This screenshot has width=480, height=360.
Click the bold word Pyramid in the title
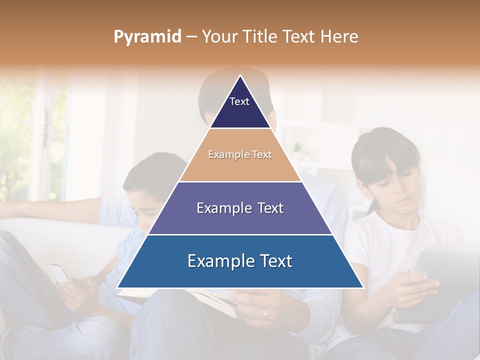(x=147, y=36)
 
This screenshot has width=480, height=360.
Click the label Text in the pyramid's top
(x=239, y=101)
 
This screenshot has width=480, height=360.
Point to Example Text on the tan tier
(x=240, y=154)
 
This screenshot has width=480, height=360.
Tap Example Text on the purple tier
(x=240, y=208)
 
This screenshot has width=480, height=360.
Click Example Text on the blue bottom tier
(x=240, y=261)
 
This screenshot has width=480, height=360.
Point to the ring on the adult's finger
(x=265, y=313)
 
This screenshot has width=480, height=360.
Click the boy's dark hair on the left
(x=150, y=172)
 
